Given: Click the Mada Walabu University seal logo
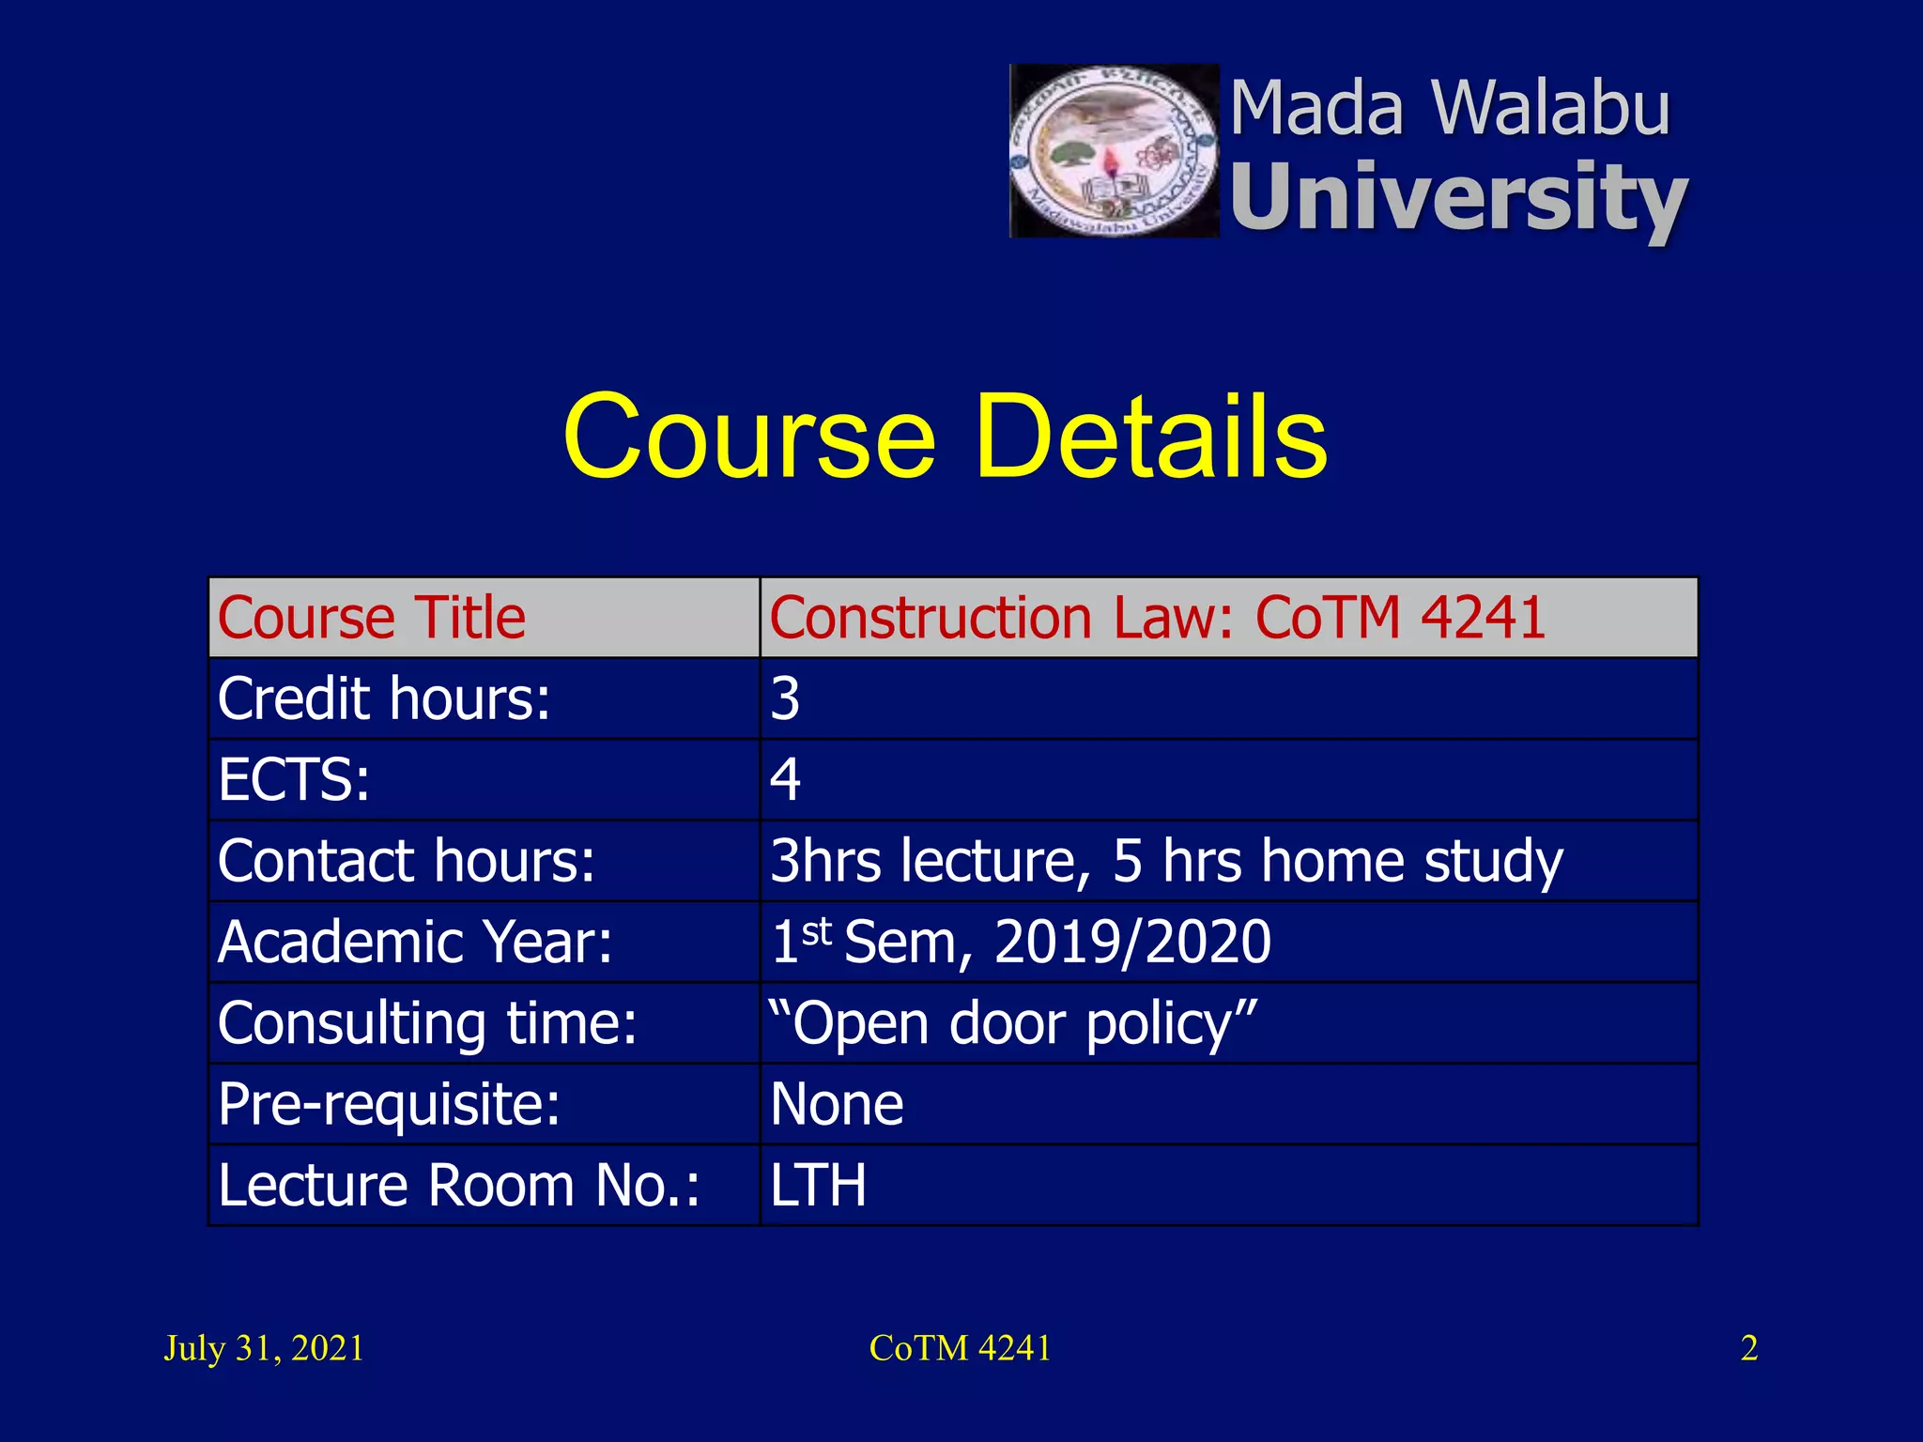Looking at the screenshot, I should pos(1114,151).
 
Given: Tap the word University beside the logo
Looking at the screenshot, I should pos(1458,197).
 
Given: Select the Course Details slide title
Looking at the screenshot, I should pos(945,437).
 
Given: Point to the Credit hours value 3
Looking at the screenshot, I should pos(785,698).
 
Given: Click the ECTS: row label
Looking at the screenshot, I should pos(294,780).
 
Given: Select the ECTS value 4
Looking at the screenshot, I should pos(785,780).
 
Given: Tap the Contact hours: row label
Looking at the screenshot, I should pos(407,861).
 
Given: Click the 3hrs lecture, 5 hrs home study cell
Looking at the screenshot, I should pos(1166,861).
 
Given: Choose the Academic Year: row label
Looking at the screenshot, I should pos(415,942).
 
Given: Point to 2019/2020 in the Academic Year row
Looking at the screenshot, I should pos(1132,942).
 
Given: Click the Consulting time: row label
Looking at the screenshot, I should pos(427,1023).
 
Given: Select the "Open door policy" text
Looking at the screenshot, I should pos(1012,1023).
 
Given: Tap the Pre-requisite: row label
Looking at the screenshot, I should pos(389,1104).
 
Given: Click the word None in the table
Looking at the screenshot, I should pos(837,1104).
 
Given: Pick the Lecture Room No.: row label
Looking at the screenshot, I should pos(459,1185).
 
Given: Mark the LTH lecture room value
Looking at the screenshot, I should pos(818,1185).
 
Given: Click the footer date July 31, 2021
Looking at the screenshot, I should pos(264,1348).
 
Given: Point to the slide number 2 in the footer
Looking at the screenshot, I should pos(1748,1348).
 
